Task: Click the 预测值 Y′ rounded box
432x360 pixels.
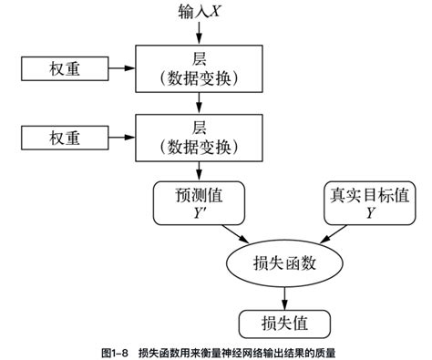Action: (x=199, y=202)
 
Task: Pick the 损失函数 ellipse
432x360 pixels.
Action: (x=284, y=263)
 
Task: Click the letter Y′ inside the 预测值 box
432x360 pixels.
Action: (x=199, y=212)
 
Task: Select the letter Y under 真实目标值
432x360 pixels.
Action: (x=369, y=212)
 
